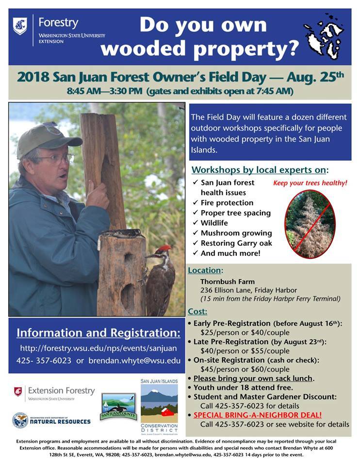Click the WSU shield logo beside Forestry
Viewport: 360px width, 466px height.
point(20,26)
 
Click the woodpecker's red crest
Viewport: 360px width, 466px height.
point(164,249)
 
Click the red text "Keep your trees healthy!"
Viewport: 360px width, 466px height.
point(310,183)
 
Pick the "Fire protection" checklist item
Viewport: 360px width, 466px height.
point(227,202)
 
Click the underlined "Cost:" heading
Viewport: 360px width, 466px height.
point(197,312)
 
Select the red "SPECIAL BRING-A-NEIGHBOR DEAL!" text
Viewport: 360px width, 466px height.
point(257,415)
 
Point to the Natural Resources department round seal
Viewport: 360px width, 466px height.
point(20,420)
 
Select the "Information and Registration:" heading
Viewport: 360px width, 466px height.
point(98,333)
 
